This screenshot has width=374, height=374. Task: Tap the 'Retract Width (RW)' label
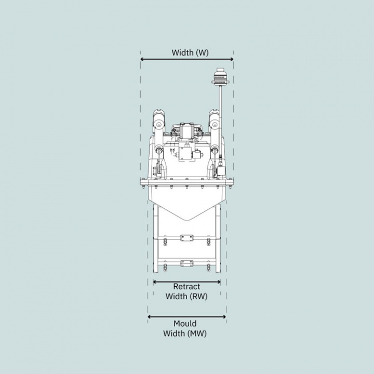186,291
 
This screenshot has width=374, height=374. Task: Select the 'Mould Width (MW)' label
185,329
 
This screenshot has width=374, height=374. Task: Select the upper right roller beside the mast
213,123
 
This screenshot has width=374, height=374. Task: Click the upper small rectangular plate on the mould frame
186,238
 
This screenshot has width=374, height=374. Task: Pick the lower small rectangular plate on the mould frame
186,263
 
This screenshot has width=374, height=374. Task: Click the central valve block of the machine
185,153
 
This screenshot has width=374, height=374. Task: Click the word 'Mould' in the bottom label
185,324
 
